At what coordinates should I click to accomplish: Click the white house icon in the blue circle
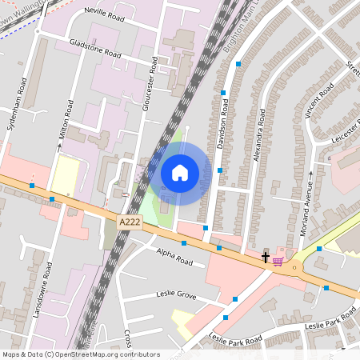coord(180,173)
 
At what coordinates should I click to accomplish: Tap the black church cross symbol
coord(266,257)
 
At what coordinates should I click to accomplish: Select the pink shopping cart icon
coord(278,261)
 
